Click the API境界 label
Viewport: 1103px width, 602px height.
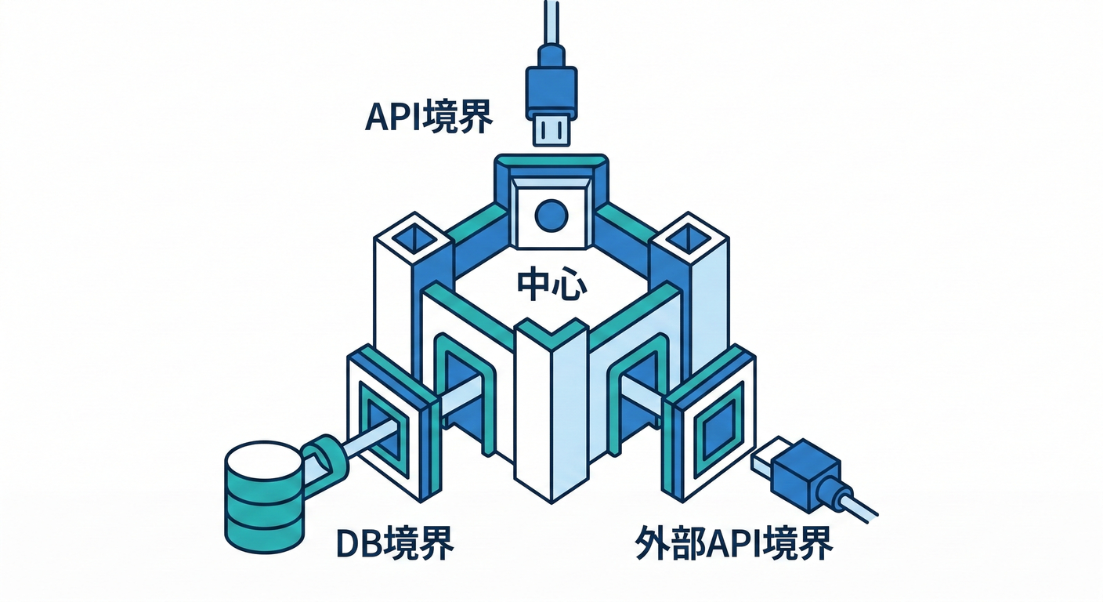[x=429, y=116]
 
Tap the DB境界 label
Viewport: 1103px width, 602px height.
[x=394, y=543]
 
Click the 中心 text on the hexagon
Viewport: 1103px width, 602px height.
[x=551, y=285]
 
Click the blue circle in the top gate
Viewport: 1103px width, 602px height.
[x=551, y=216]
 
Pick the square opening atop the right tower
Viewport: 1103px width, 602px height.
[x=688, y=238]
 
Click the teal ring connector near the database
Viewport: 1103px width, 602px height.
[x=326, y=457]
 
